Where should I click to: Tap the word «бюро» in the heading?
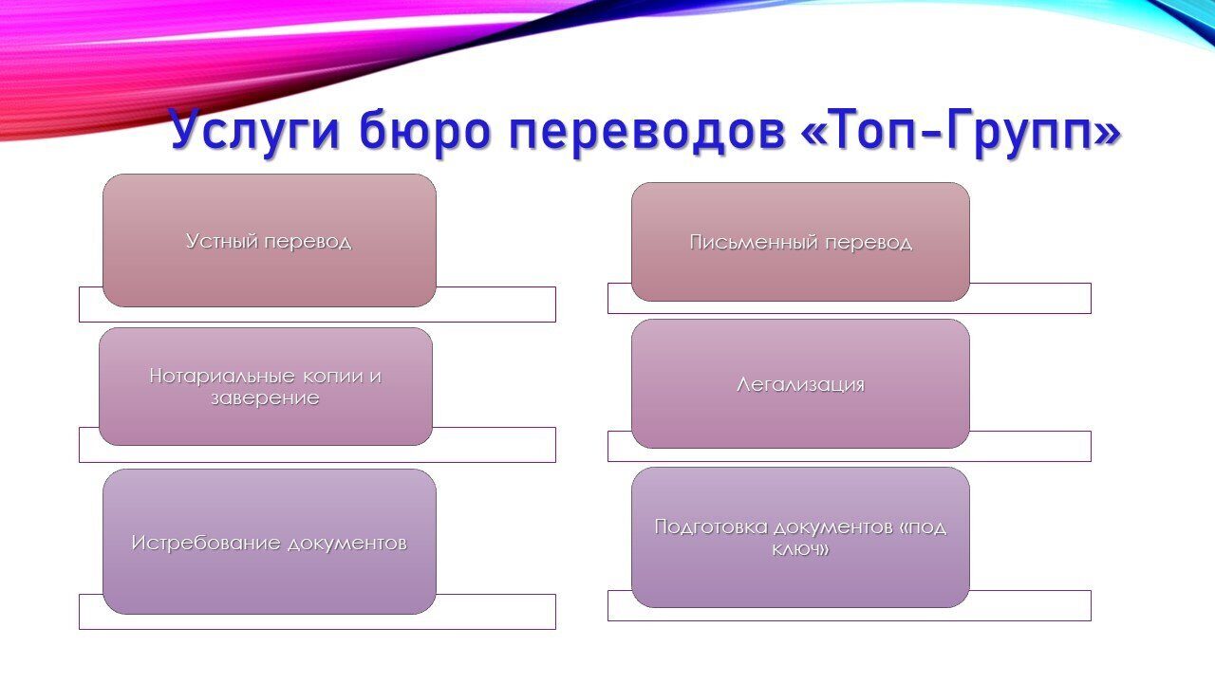click(424, 130)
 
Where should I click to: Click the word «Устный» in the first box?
click(222, 241)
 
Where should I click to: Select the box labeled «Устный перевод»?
click(270, 241)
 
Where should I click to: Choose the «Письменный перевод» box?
click(800, 242)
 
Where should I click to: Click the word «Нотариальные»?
click(222, 377)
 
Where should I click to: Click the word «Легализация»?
click(800, 385)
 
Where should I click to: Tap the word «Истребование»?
click(206, 544)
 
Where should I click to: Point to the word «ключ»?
click(795, 550)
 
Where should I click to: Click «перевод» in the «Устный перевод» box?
click(308, 242)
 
